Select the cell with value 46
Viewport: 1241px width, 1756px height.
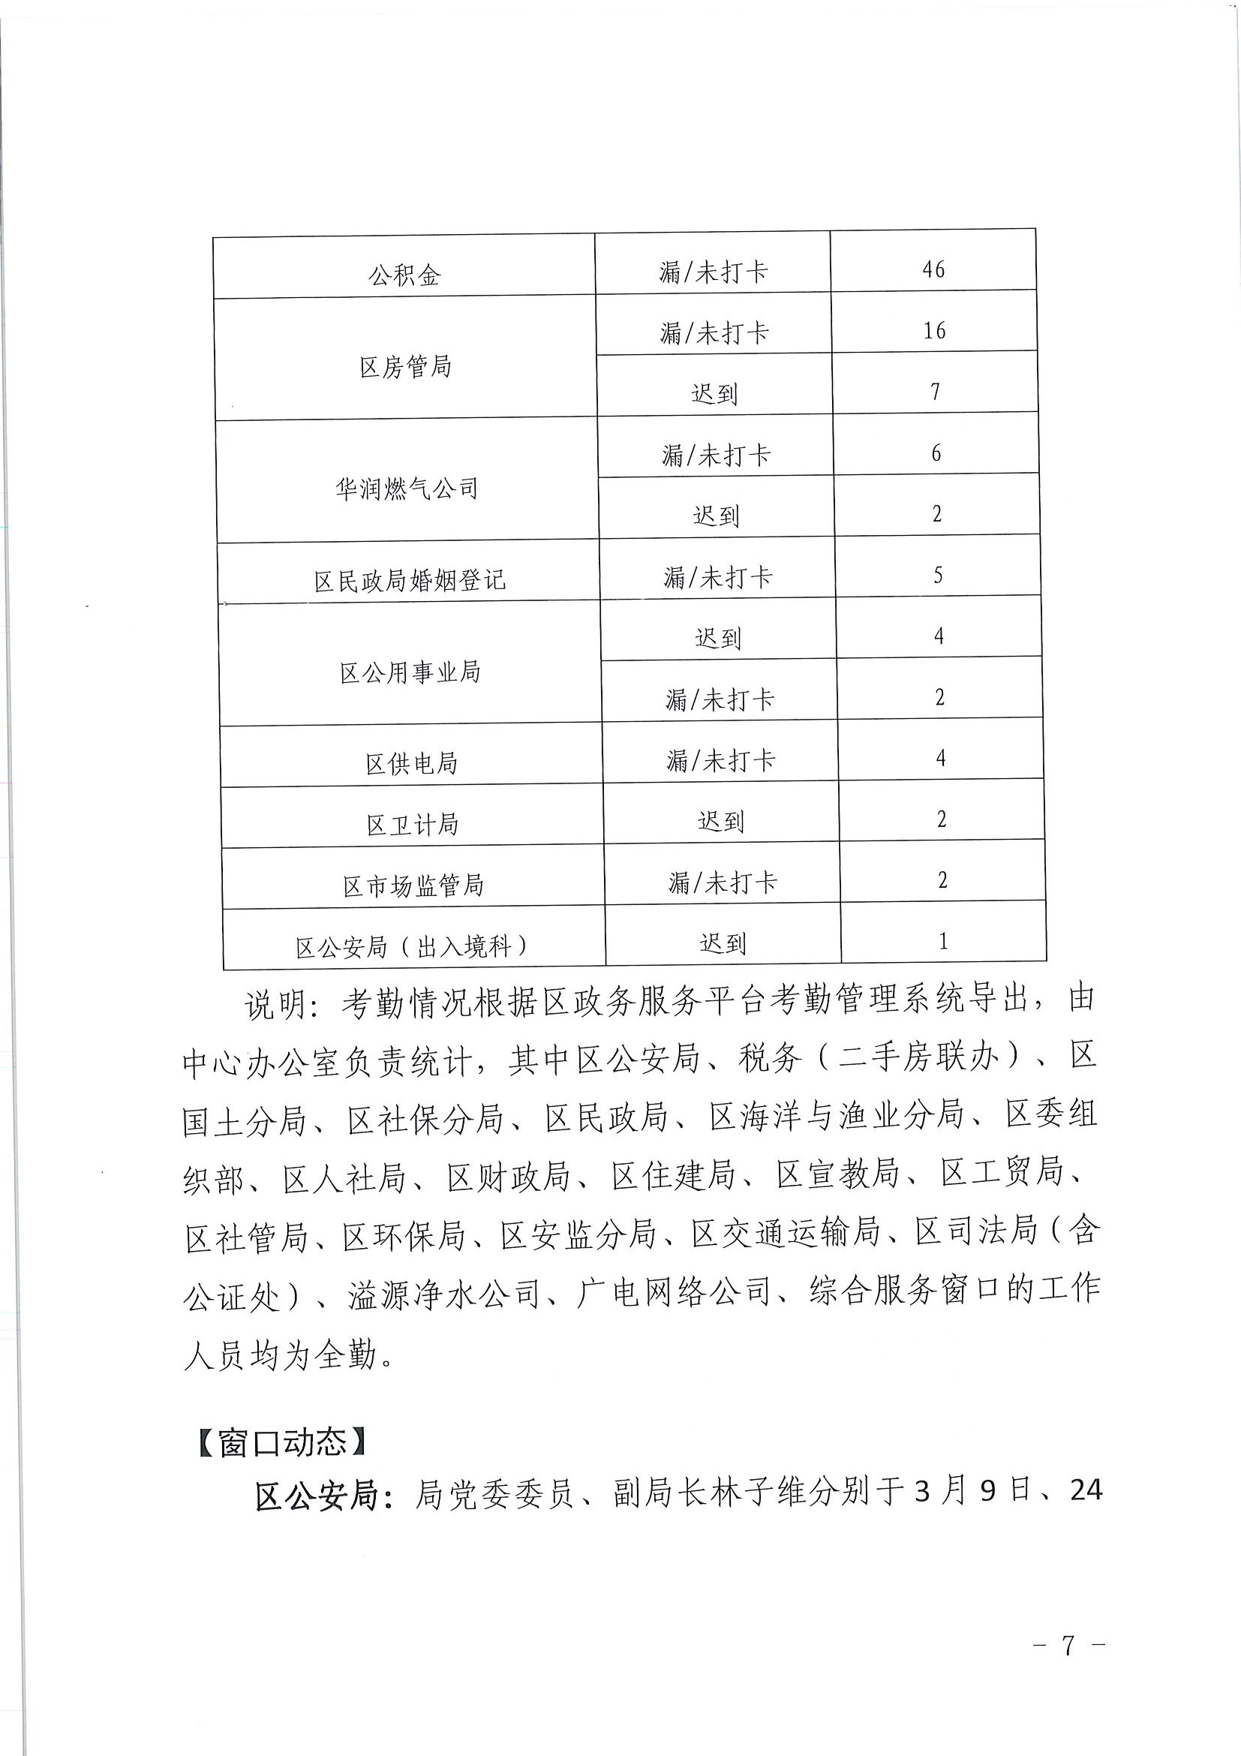(x=933, y=269)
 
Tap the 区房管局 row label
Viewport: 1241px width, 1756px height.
(x=406, y=367)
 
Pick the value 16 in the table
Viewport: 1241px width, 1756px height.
(x=933, y=330)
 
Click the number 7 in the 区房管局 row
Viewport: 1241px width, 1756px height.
(x=935, y=392)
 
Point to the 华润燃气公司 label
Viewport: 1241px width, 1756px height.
(x=407, y=489)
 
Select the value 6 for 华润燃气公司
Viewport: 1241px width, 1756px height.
(x=936, y=453)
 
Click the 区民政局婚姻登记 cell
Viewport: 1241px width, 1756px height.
(x=410, y=581)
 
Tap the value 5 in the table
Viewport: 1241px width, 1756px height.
(x=937, y=575)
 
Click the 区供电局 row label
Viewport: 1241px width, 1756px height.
(x=411, y=763)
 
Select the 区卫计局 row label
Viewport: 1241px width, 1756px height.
(x=412, y=825)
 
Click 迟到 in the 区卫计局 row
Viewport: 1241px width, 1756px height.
(x=720, y=822)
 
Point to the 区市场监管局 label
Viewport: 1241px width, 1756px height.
(x=413, y=886)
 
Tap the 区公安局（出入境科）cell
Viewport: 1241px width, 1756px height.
(x=413, y=947)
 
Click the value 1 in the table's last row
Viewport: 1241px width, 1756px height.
(x=943, y=941)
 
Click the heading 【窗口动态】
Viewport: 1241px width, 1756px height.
(x=283, y=1442)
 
